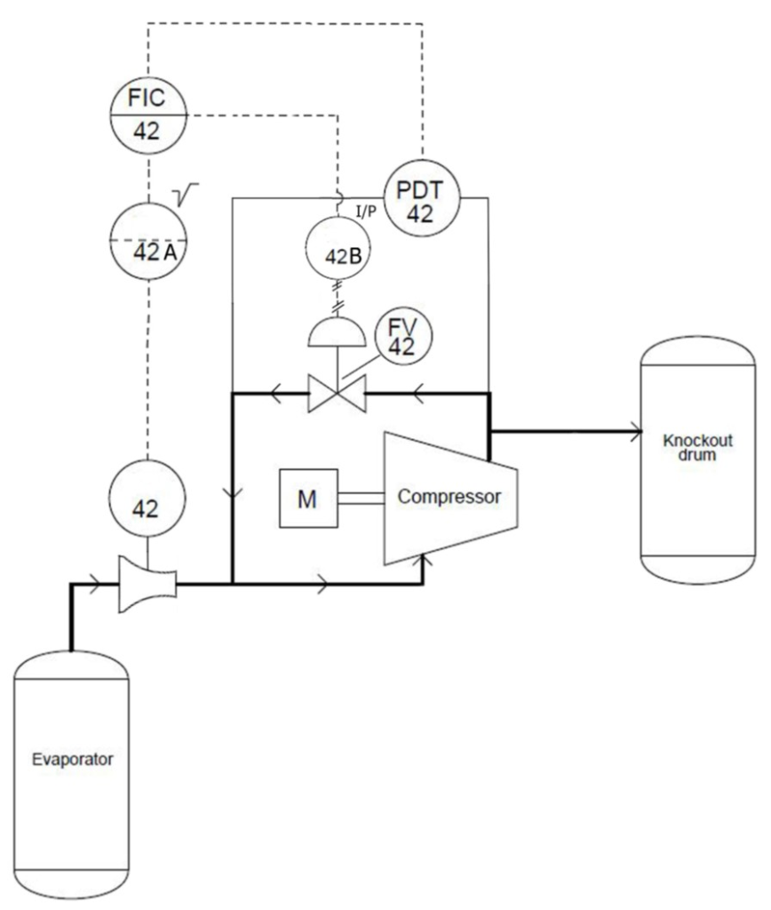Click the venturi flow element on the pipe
147,585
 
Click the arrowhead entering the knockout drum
634,433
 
